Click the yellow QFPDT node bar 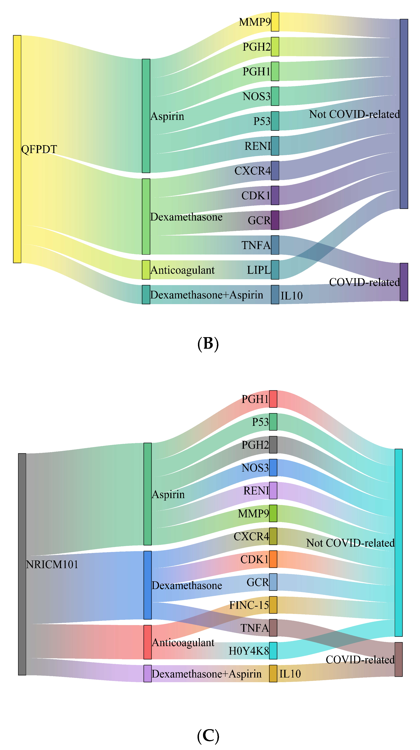tap(17, 149)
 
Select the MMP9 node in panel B tap(275, 22)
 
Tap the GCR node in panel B tap(275, 220)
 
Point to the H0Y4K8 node tap(273, 650)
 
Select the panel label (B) tap(208, 344)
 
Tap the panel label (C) tap(208, 736)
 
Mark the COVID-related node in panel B tap(404, 282)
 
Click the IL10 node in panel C tap(273, 673)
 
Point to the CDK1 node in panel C tap(273, 559)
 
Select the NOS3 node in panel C tap(273, 468)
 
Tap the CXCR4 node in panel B tap(275, 171)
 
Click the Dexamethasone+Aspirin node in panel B tap(146, 294)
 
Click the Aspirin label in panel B tap(167, 116)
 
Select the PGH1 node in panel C tap(273, 399)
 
